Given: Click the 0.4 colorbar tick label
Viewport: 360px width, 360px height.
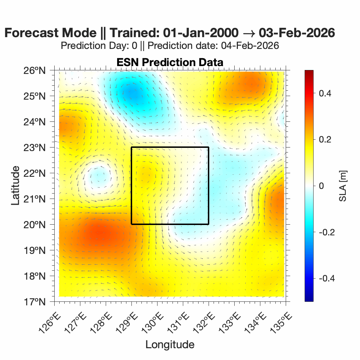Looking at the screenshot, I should tap(325, 93).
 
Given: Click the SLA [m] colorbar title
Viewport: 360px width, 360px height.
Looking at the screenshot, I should tap(343, 186).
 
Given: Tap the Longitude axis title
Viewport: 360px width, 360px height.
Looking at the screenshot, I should tap(170, 344).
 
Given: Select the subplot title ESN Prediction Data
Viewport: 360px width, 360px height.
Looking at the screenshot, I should tap(170, 62).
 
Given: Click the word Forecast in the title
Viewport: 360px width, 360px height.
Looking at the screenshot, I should tap(31, 33).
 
